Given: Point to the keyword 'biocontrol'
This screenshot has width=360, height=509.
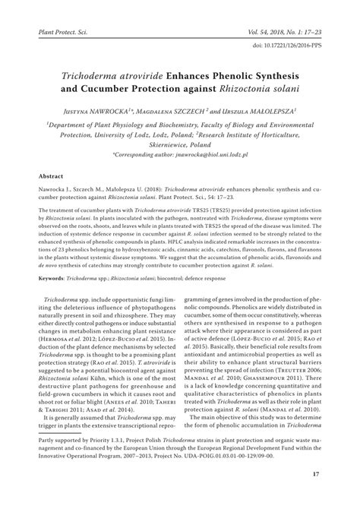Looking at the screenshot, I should pos(198,280).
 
